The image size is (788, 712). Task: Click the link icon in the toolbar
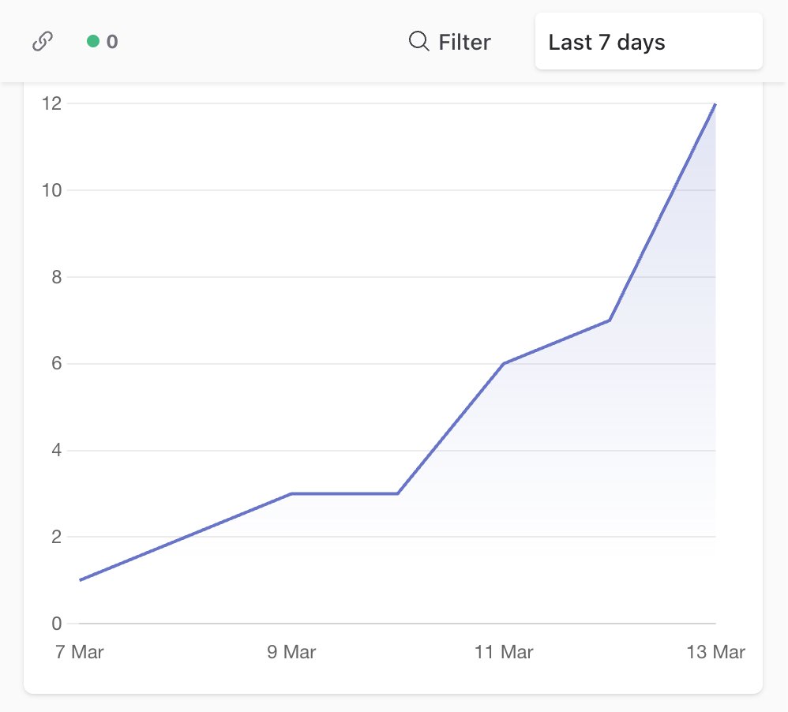point(43,42)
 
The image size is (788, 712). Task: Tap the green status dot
point(93,42)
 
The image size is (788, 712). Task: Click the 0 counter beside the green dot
point(112,42)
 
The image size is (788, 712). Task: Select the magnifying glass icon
point(418,41)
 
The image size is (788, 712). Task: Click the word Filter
point(464,42)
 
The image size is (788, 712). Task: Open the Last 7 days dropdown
point(648,42)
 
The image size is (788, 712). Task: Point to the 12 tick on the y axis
point(53,103)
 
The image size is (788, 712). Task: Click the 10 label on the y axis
point(53,190)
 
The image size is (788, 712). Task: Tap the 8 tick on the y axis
point(56,277)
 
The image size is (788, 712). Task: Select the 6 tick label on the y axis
point(56,364)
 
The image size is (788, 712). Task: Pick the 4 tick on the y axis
point(56,451)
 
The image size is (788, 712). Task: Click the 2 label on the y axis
point(56,538)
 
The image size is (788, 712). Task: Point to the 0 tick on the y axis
point(56,624)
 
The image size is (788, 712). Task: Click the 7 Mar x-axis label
point(80,652)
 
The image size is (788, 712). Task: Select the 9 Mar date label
point(291,652)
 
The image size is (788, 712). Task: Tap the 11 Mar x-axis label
point(504,652)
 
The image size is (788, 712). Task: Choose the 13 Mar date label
point(715,652)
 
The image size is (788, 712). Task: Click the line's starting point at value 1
point(81,580)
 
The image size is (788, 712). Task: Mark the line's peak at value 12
point(715,103)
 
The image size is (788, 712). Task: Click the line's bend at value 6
point(504,364)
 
